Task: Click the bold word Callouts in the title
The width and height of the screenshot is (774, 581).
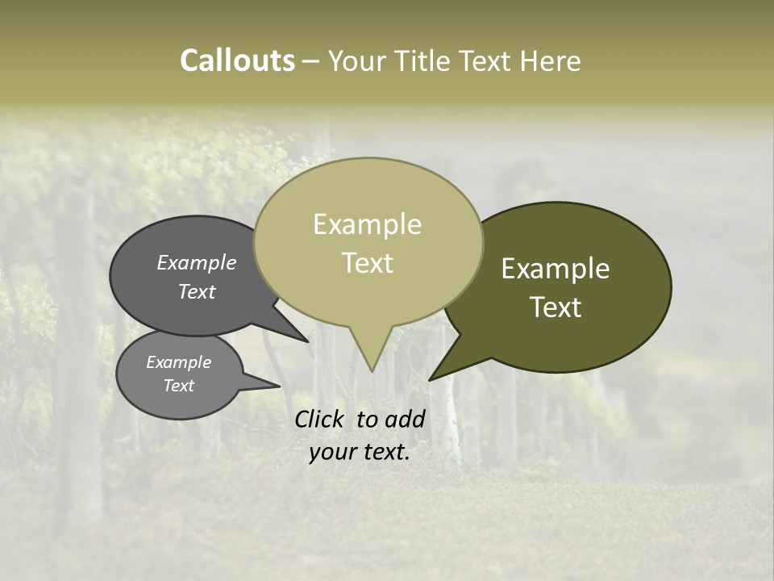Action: pos(237,61)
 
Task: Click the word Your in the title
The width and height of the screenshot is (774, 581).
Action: pos(357,61)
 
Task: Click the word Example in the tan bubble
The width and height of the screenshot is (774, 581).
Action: pos(367,224)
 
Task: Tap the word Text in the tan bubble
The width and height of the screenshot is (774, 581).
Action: pos(367,263)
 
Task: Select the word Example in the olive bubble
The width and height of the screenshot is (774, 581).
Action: pos(556,269)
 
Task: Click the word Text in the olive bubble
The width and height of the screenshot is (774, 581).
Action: pos(556,307)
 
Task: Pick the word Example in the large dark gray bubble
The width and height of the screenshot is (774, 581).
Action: pos(196,262)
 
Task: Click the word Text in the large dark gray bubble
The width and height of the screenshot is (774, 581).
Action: pos(196,291)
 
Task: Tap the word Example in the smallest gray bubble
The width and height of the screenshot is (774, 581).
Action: pos(178,362)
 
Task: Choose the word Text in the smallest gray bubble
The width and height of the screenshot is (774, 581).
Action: pos(178,386)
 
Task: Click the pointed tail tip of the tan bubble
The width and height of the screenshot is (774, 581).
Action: pos(371,371)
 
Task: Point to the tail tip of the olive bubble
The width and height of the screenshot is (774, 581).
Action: pos(429,380)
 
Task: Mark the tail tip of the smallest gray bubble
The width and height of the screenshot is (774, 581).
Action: pos(279,387)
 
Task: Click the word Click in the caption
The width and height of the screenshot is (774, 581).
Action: pos(321,419)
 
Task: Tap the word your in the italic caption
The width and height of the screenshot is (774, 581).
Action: pos(332,452)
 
